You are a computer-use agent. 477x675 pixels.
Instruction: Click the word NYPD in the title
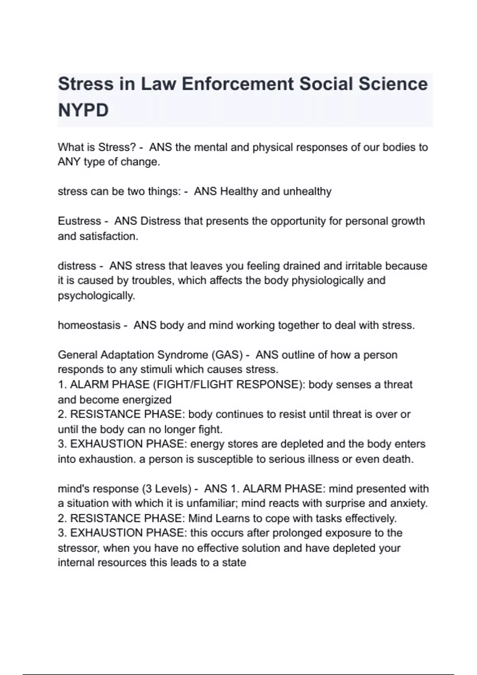(83, 110)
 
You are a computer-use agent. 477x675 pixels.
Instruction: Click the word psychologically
(96, 296)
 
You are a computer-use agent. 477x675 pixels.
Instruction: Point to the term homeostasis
(89, 325)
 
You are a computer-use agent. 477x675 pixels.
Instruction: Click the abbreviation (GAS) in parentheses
(227, 355)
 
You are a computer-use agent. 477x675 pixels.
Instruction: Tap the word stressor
(79, 548)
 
